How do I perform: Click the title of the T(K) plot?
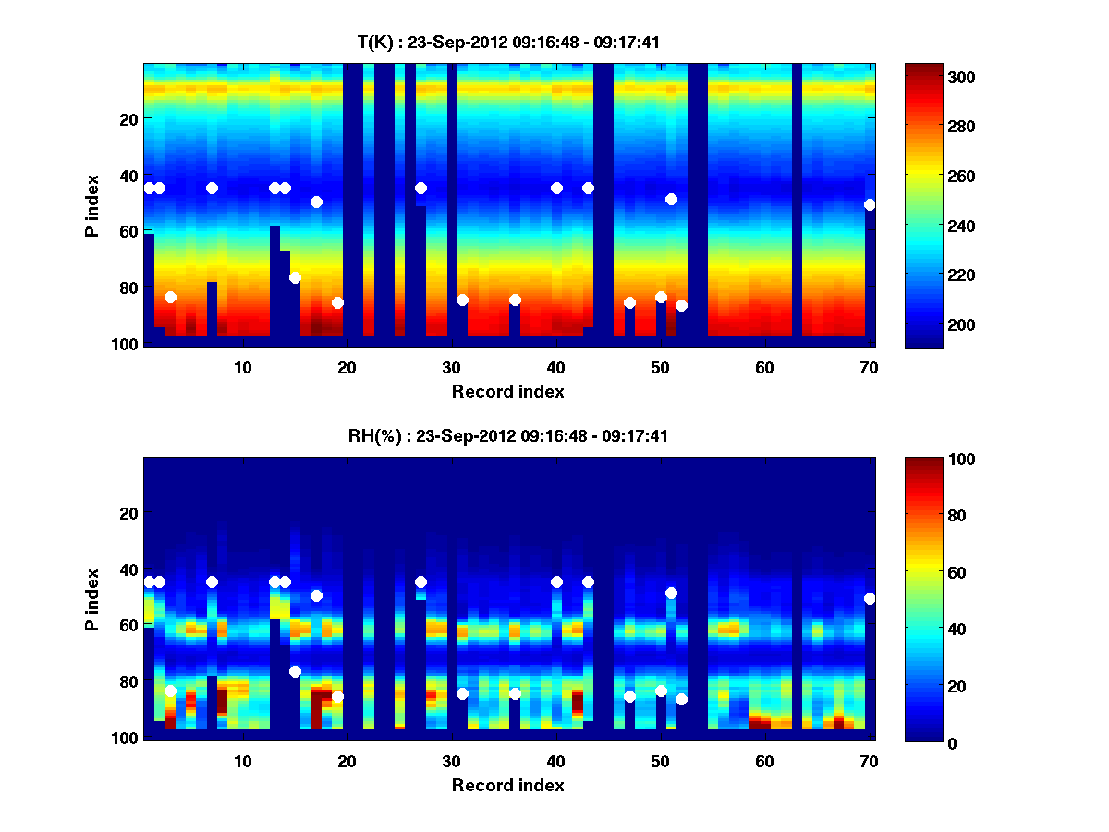(x=508, y=43)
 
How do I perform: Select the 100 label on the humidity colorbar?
(x=927, y=459)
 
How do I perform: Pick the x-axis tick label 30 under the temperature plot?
(x=451, y=367)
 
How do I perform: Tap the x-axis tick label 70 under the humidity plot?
(x=868, y=761)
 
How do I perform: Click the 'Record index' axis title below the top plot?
(x=507, y=391)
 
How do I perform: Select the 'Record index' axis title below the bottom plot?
(x=507, y=785)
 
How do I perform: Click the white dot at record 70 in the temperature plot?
(x=869, y=205)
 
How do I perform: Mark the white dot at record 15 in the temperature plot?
(x=295, y=278)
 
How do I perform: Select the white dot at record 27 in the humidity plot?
(x=420, y=581)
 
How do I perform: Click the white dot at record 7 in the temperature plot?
(x=212, y=188)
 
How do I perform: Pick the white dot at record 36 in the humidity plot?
(x=515, y=693)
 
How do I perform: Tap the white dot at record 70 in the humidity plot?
(x=869, y=598)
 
